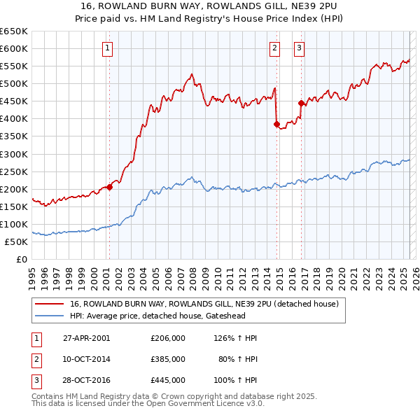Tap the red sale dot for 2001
110,187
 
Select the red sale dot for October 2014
276,124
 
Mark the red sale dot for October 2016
302,103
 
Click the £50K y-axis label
17,241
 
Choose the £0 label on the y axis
22,259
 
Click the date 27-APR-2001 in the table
87,338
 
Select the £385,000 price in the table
168,358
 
